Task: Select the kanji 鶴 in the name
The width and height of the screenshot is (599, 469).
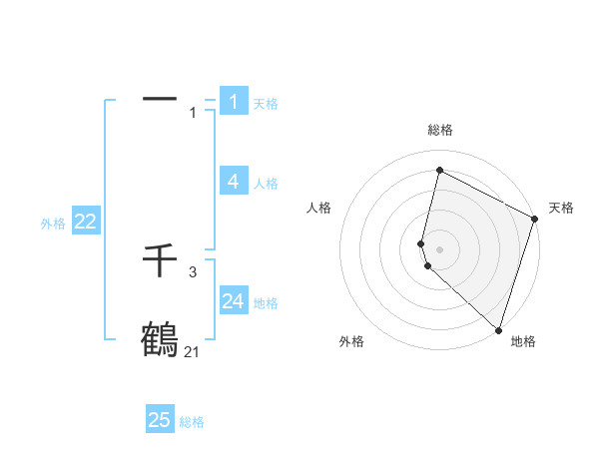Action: [x=160, y=339]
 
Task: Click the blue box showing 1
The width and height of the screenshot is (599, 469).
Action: [x=234, y=101]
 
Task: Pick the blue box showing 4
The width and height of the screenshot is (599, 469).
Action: [x=234, y=181]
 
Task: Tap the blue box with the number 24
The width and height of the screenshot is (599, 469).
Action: [x=234, y=300]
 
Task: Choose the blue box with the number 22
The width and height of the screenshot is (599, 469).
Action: [x=85, y=222]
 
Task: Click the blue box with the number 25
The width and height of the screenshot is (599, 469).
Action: [x=160, y=420]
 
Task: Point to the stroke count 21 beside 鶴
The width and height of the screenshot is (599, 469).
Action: [x=192, y=351]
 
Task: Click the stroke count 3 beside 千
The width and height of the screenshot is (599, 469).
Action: [x=193, y=271]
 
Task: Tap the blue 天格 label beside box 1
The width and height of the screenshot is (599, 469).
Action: [x=266, y=103]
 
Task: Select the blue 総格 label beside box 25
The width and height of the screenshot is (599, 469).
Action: [x=192, y=422]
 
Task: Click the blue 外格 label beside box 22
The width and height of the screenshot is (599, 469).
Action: [x=53, y=224]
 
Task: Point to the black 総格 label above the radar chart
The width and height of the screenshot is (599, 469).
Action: [x=440, y=130]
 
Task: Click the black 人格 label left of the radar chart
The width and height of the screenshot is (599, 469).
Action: [x=319, y=208]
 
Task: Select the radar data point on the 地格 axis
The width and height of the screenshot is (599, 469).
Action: [x=498, y=329]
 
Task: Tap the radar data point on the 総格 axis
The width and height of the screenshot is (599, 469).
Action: [x=439, y=171]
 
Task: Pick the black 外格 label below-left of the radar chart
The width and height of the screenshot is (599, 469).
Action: [x=351, y=341]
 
